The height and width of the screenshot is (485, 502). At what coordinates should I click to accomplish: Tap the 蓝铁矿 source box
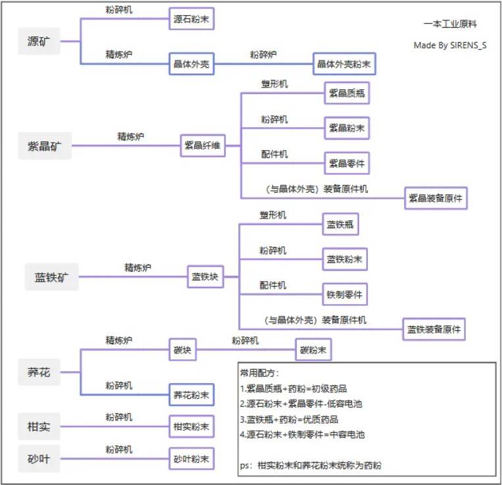(52, 277)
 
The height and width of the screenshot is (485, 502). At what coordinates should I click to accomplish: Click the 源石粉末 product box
(191, 18)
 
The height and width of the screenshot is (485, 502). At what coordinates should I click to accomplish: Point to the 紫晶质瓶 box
(347, 93)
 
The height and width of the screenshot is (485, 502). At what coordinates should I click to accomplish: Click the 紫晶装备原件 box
(436, 197)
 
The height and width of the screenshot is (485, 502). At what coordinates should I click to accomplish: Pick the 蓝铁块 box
(205, 277)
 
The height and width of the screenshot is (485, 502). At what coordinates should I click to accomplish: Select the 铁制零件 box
(345, 294)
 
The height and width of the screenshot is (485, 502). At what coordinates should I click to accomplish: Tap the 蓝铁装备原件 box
(434, 329)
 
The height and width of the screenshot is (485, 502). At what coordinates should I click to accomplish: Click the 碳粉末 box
(313, 349)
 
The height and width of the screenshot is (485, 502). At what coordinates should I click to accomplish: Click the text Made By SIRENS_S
(450, 45)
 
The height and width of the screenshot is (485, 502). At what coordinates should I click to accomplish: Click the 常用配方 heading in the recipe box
(260, 372)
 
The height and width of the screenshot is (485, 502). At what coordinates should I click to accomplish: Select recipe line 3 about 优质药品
(290, 419)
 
